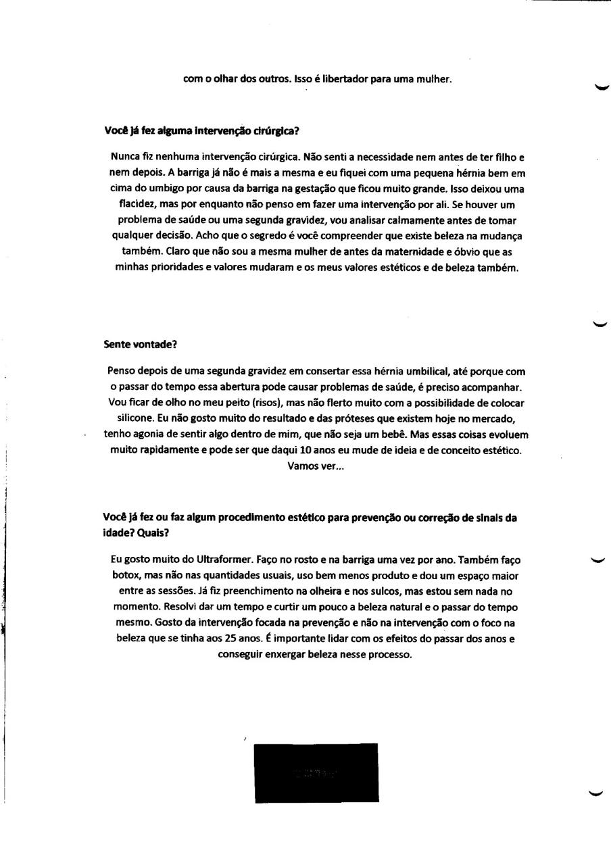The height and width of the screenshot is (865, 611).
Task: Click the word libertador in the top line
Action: (345, 79)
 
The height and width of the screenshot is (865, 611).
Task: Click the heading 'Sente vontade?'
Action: (140, 344)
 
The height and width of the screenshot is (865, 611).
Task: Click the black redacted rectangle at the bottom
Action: (316, 773)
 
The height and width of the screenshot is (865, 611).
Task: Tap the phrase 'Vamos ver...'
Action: (316, 466)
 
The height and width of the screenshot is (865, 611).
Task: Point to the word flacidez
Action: (133, 204)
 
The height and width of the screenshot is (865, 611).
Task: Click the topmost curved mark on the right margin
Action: (599, 86)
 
